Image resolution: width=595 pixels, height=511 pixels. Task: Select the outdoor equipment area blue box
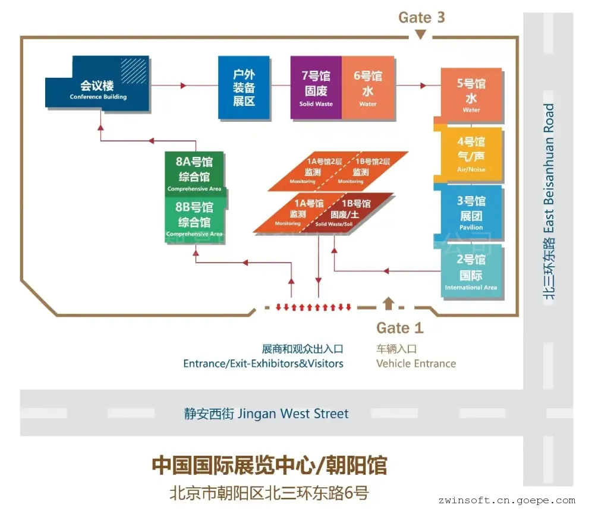coord(244,88)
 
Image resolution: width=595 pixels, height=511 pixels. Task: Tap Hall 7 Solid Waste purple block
coord(316,87)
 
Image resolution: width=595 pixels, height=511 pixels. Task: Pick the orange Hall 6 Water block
coord(368,87)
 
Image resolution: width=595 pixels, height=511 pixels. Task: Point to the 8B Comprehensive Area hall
coord(194,217)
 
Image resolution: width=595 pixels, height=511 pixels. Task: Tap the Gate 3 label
coord(421,17)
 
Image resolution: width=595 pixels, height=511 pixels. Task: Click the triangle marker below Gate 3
coord(421,35)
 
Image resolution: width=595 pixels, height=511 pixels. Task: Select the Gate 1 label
coord(400,327)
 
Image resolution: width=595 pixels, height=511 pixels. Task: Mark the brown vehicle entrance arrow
coord(389,303)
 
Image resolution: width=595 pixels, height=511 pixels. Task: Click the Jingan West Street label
coord(266,414)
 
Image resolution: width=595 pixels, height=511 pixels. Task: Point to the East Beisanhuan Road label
coord(549,202)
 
